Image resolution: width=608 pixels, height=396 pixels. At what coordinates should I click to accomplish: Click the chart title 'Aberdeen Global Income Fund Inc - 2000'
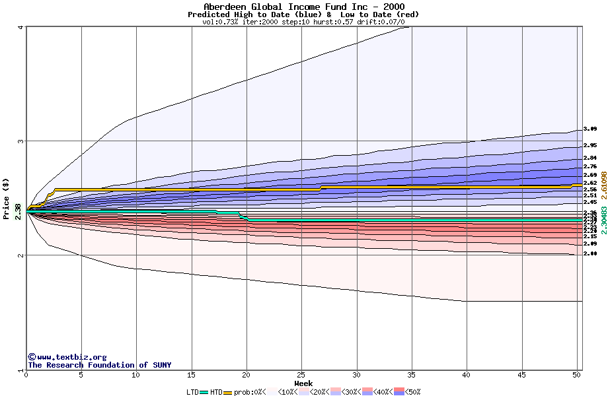303,7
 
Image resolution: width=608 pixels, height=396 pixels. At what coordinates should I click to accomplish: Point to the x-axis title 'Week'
303,383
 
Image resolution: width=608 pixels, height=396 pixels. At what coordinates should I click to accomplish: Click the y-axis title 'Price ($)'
6,198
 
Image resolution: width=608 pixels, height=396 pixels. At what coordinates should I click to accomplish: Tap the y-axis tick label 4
21,27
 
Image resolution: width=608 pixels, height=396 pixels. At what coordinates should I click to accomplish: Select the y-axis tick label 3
21,141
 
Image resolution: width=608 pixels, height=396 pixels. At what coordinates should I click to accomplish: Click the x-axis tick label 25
301,374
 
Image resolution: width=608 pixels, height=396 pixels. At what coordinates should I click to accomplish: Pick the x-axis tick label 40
467,374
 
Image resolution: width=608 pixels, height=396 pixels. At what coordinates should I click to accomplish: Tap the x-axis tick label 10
136,374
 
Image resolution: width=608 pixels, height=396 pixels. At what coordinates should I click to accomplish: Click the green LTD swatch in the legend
204,392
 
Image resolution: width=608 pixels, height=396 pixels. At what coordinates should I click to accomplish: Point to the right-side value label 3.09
590,129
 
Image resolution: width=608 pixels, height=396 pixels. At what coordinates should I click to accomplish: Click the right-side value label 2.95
590,145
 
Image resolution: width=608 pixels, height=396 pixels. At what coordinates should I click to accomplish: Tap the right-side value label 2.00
590,253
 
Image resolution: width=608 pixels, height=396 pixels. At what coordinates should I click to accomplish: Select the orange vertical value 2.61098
603,186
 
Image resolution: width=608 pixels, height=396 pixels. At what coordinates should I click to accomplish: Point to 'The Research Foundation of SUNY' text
99,365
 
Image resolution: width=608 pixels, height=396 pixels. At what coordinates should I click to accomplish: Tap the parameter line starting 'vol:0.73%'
303,22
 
